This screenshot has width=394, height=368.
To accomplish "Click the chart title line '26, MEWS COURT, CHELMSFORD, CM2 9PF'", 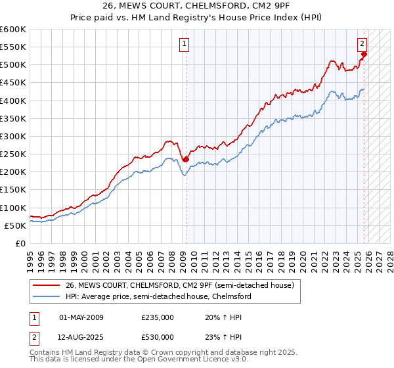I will click(196, 7).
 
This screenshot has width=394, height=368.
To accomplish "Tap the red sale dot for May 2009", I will click(186, 159).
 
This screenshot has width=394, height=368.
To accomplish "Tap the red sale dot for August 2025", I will click(364, 54).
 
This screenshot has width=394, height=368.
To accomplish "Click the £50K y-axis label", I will click(16, 225).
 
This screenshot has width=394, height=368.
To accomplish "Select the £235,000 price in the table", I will click(157, 317).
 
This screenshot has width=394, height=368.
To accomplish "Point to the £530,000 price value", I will click(157, 337).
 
